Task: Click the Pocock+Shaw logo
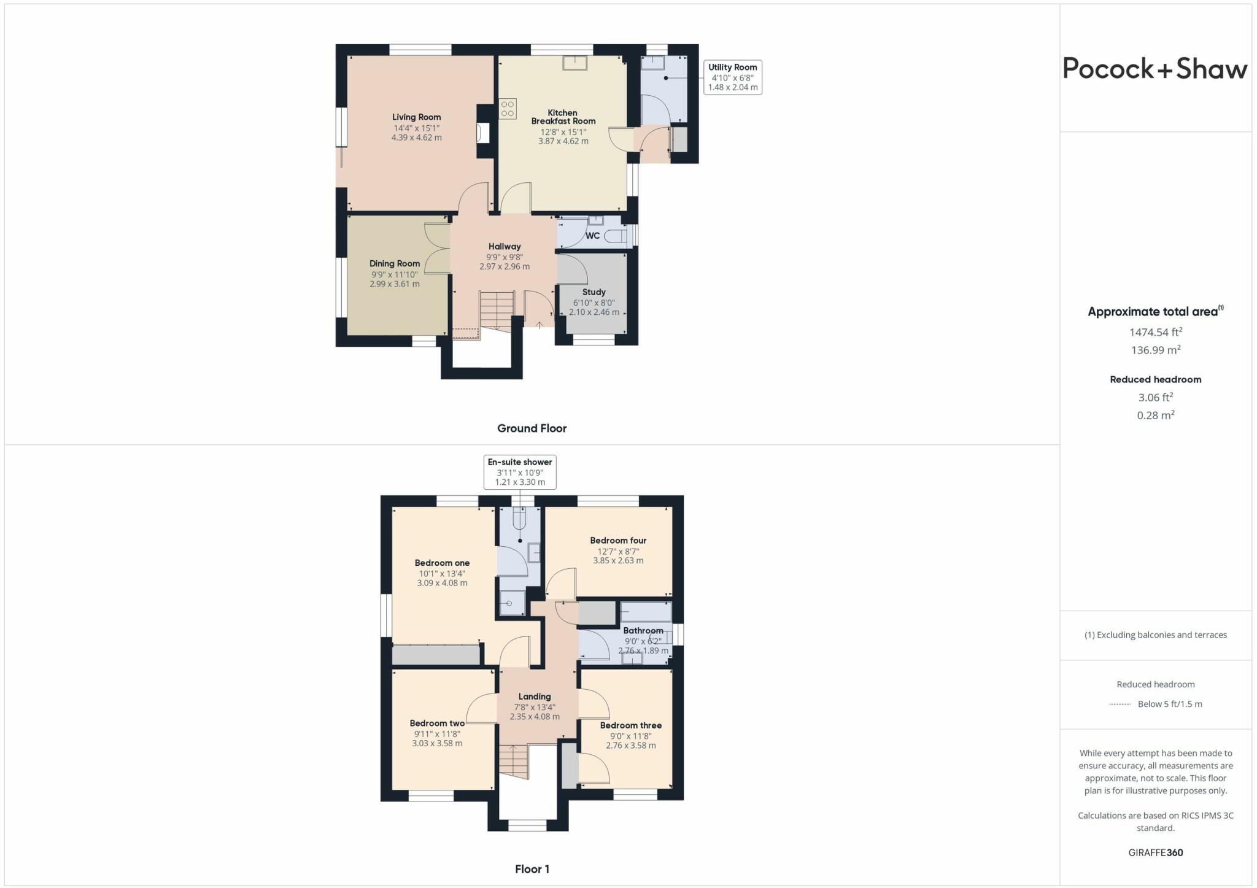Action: pyautogui.click(x=1155, y=68)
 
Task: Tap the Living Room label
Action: pyautogui.click(x=416, y=117)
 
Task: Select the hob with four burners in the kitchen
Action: pyautogui.click(x=508, y=109)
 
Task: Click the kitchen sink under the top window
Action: pyautogui.click(x=575, y=62)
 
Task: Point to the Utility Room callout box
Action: pyautogui.click(x=732, y=77)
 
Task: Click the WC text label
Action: pyautogui.click(x=592, y=236)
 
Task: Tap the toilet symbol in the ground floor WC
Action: pyautogui.click(x=616, y=236)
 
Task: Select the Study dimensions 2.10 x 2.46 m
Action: pyautogui.click(x=594, y=312)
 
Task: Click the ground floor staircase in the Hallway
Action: pyautogui.click(x=497, y=310)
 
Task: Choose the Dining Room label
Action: pyautogui.click(x=395, y=263)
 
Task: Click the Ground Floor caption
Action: pyautogui.click(x=532, y=428)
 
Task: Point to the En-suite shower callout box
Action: pyautogui.click(x=520, y=472)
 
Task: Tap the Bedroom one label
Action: pyautogui.click(x=442, y=563)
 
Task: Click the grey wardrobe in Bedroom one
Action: pyautogui.click(x=436, y=654)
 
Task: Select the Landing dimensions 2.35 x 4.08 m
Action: pyautogui.click(x=535, y=716)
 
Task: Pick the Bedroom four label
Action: pyautogui.click(x=618, y=541)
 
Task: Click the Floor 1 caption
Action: pyautogui.click(x=532, y=869)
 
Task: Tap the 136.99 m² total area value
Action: pyautogui.click(x=1155, y=350)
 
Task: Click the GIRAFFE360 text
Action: pyautogui.click(x=1155, y=852)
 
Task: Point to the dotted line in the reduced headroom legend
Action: pyautogui.click(x=1120, y=705)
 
